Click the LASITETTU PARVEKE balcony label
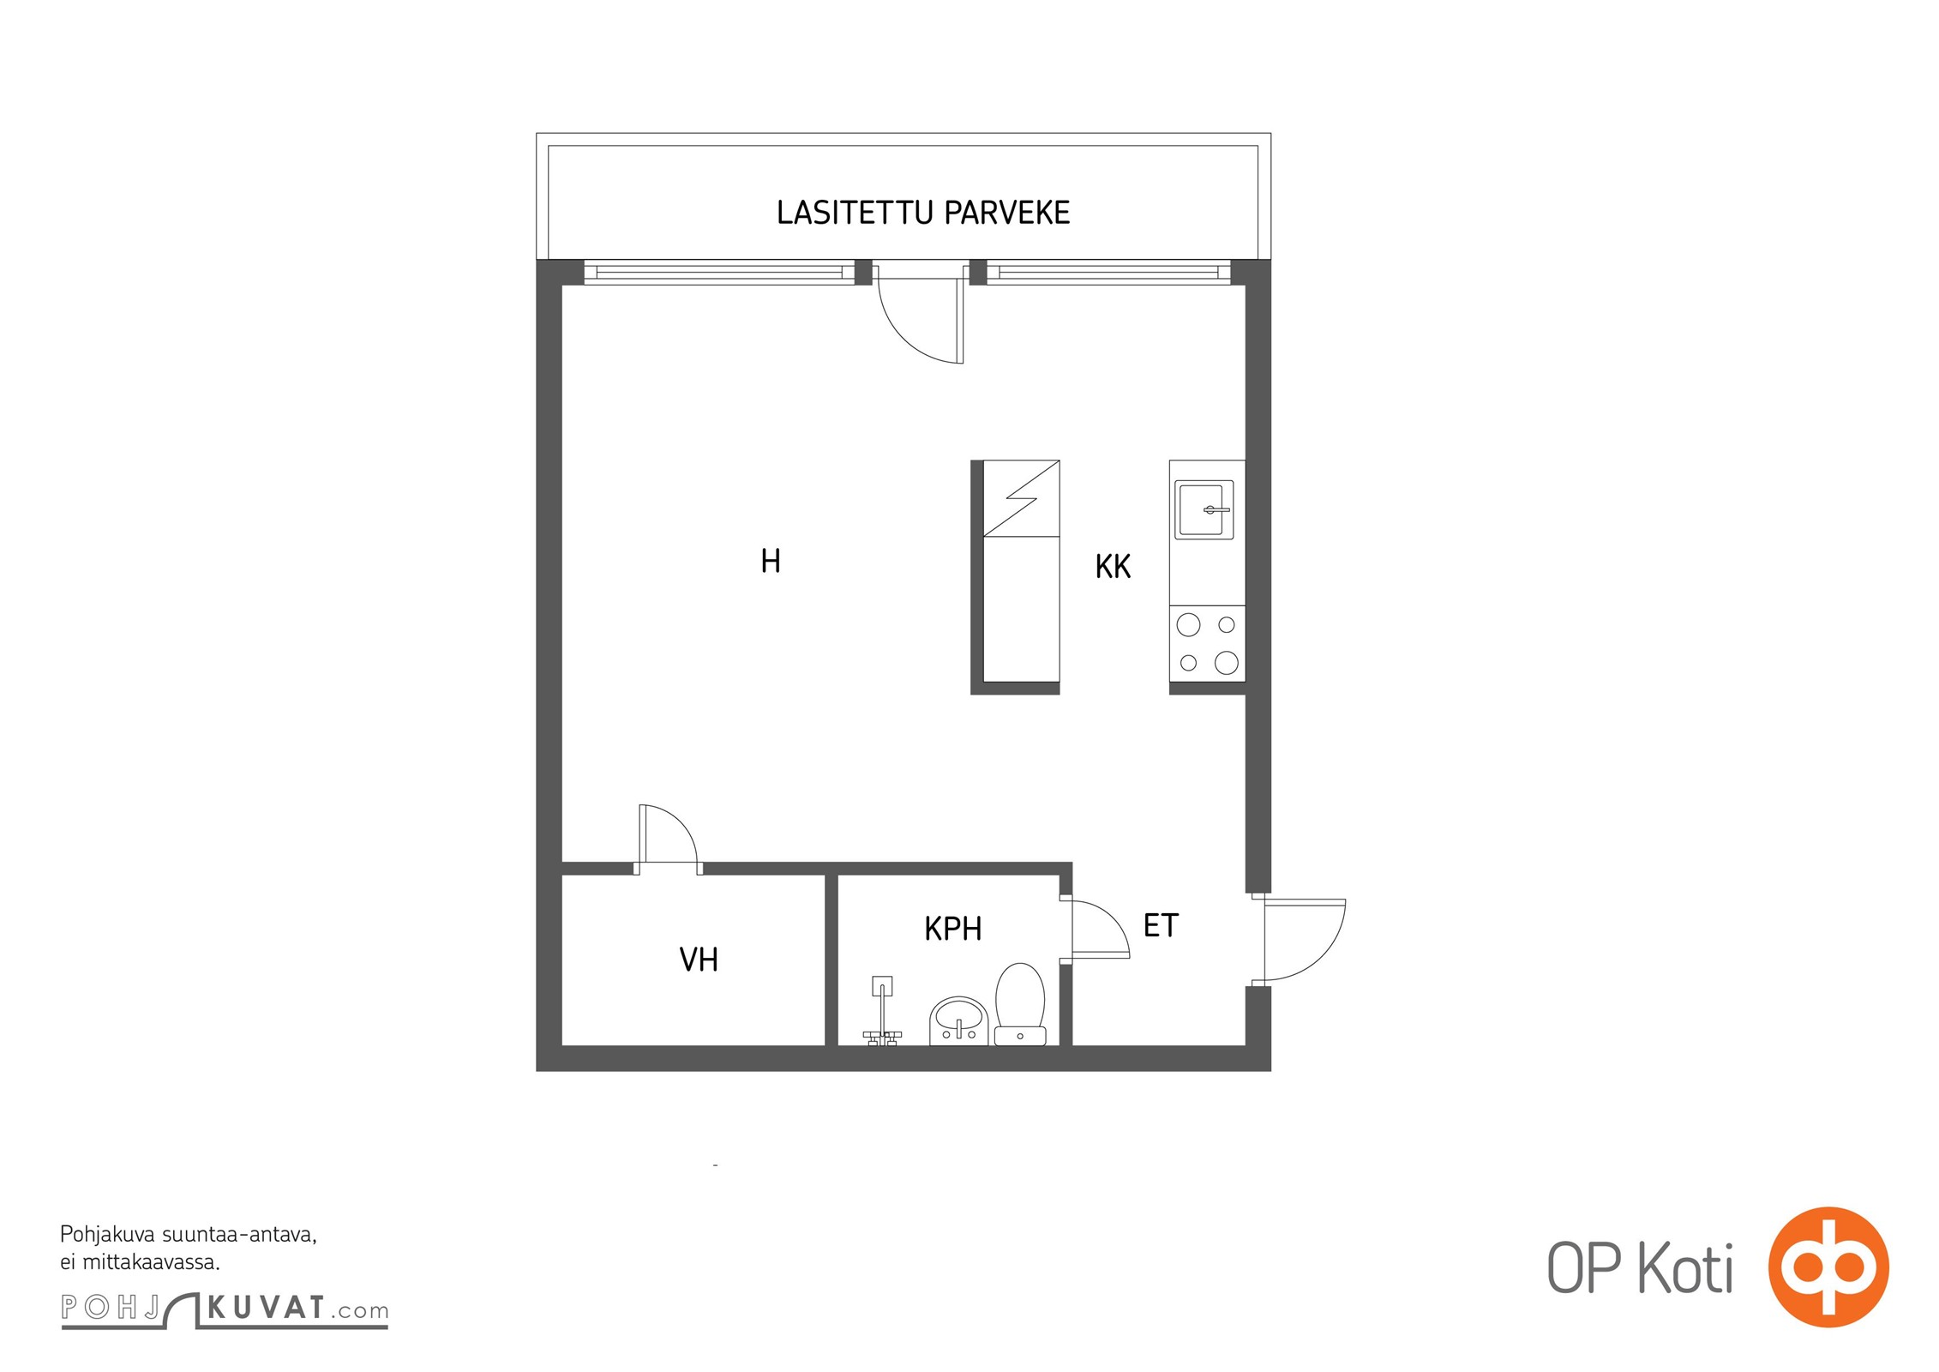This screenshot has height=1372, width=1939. [922, 213]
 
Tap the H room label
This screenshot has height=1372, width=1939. [770, 561]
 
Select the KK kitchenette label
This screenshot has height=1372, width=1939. [1113, 566]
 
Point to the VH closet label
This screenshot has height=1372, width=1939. [698, 960]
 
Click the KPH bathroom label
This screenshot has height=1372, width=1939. [952, 929]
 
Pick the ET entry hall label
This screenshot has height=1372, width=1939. [1161, 925]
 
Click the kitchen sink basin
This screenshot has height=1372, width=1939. [1204, 509]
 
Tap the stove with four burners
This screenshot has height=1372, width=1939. [1207, 643]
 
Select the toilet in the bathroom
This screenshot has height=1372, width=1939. [1020, 1004]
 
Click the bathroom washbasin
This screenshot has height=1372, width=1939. [958, 1021]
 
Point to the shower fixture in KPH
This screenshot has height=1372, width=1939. [882, 1012]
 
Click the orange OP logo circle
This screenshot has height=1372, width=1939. [1828, 1267]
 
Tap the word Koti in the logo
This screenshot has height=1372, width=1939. [1685, 1267]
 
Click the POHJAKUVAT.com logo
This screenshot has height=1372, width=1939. [225, 1309]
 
